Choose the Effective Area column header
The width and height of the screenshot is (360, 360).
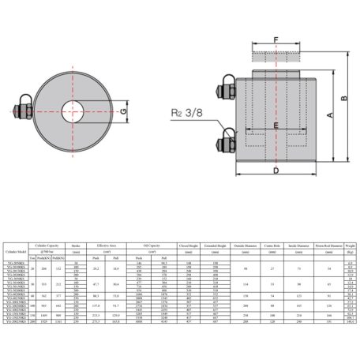click(x=112, y=246)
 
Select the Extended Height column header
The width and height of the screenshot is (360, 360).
click(x=216, y=246)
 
